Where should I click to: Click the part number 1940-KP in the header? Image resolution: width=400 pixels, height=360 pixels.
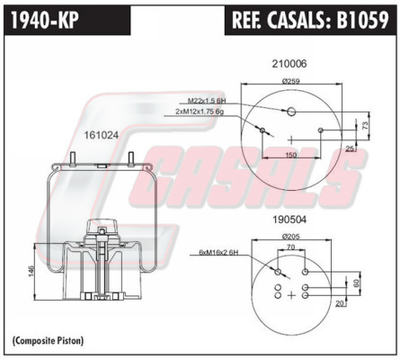point(45,20)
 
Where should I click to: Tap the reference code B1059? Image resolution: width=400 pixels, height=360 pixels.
point(362,20)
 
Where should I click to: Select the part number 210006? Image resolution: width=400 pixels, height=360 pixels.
point(289,64)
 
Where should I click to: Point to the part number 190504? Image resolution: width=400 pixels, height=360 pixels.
point(289,220)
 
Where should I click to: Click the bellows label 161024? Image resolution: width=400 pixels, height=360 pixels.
point(102,135)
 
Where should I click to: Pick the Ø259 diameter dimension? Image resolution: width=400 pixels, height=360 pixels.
point(291,81)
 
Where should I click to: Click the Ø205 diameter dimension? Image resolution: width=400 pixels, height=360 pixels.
point(291,237)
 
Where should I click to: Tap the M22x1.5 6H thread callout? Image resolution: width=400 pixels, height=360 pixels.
point(207,101)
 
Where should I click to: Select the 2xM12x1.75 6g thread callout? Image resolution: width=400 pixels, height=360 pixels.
point(200,112)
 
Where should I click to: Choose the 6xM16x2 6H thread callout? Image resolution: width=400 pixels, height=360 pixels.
point(218,253)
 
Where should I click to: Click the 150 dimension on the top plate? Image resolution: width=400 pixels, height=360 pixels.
point(291,155)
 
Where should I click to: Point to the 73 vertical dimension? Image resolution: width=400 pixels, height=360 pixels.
point(366,125)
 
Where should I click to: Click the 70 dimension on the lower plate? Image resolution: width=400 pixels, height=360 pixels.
point(291,247)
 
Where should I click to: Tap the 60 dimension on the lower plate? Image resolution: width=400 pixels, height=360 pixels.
point(356,283)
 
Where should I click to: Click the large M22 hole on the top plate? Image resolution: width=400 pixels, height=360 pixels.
point(291,112)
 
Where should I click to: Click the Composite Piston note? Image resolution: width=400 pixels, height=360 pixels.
point(49,341)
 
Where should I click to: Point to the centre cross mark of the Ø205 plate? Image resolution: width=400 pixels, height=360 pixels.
point(291,295)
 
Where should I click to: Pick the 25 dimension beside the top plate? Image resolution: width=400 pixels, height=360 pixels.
point(350,148)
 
